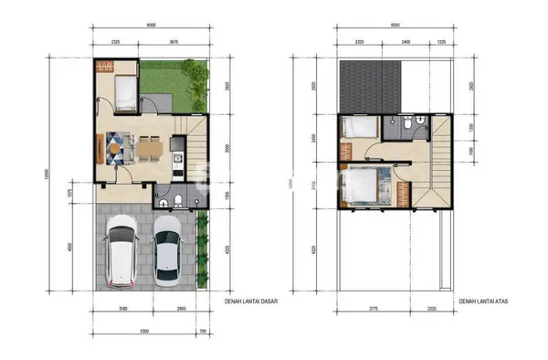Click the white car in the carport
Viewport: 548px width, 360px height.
click(121, 253)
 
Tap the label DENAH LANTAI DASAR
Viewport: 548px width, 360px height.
click(251, 299)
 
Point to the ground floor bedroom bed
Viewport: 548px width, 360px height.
click(123, 92)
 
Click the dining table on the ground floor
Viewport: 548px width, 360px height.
click(149, 145)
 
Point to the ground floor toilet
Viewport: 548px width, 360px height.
click(177, 200)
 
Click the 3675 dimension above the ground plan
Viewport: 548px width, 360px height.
click(172, 42)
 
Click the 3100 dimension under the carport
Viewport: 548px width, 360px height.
click(123, 309)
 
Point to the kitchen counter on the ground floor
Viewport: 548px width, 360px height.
click(179, 155)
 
